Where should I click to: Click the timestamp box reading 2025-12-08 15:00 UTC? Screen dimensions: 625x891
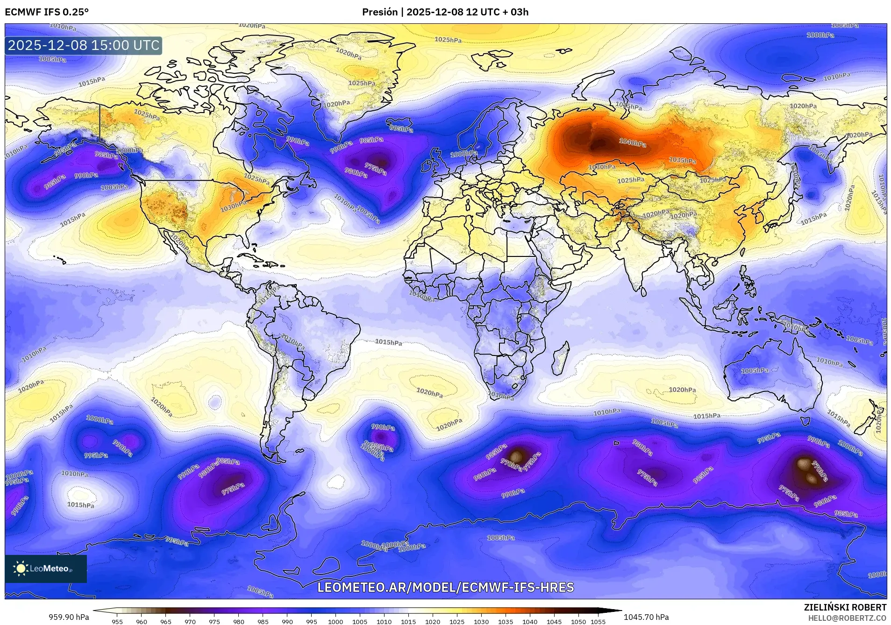tap(84, 46)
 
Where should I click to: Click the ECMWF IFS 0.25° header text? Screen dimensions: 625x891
tap(47, 12)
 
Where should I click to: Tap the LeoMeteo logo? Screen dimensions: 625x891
tap(45, 568)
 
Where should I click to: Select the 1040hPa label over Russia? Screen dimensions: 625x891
tap(633, 142)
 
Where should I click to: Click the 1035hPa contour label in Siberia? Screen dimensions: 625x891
tap(682, 160)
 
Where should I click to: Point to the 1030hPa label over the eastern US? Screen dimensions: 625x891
tap(233, 206)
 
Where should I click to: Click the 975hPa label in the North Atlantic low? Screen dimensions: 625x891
tap(376, 169)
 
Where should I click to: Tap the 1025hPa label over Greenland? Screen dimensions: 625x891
tap(362, 83)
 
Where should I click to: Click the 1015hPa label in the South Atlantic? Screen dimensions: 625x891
tap(388, 342)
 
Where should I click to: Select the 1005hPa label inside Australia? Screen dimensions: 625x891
tap(755, 370)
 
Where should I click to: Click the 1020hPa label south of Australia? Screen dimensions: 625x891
tap(682, 390)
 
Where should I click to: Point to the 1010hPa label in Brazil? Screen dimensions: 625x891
tap(293, 342)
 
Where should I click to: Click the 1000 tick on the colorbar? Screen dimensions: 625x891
tap(335, 621)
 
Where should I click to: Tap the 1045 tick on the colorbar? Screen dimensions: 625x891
tap(554, 621)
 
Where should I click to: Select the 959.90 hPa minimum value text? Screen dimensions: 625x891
tap(69, 617)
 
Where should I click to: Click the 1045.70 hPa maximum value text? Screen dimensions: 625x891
tap(646, 617)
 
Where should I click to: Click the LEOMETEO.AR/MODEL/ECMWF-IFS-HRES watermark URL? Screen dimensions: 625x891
tap(445, 587)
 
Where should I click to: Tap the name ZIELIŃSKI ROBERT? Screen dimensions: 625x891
tap(845, 608)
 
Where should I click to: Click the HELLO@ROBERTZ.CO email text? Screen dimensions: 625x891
tap(847, 618)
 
